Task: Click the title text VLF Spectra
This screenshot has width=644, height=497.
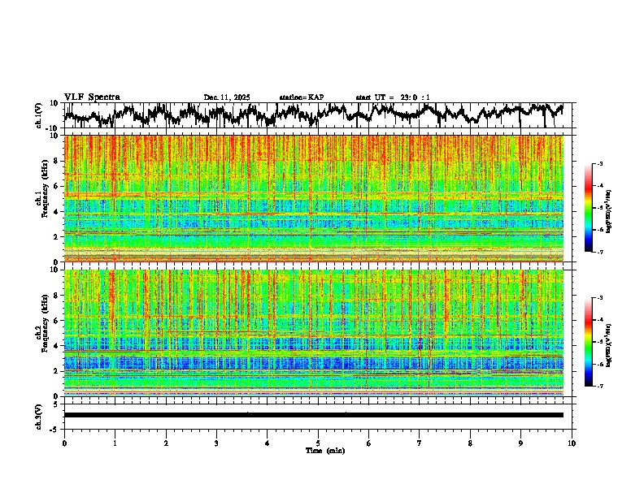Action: pos(92,97)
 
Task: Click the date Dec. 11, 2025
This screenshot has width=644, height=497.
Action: pos(227,97)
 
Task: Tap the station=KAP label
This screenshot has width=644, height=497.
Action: pos(301,97)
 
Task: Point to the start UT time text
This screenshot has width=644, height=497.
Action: pos(393,97)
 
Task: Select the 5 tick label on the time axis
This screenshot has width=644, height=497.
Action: pos(319,443)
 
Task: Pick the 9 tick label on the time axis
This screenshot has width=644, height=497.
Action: pos(521,443)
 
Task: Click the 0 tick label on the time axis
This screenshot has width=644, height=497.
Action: pos(64,443)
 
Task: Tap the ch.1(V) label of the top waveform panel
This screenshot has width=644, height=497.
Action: pos(38,115)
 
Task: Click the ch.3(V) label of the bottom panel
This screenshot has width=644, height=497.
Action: pos(38,415)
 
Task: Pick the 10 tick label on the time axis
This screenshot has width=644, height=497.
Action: pos(572,443)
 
